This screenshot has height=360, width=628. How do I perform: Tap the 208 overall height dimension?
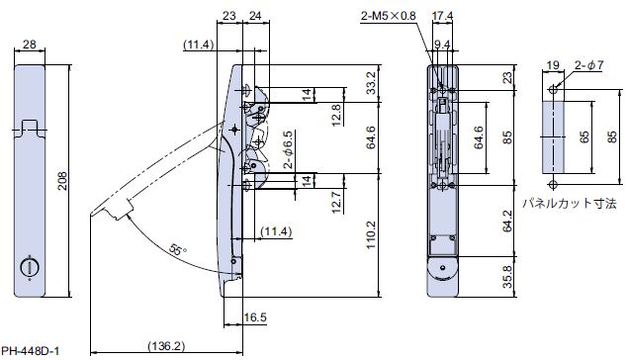(63, 181)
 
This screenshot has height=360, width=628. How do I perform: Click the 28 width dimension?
(30, 45)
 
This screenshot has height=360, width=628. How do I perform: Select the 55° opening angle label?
(178, 250)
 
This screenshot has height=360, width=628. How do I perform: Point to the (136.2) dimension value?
(166, 345)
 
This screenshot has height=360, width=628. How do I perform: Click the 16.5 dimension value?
(255, 317)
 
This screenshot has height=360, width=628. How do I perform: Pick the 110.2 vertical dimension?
(371, 234)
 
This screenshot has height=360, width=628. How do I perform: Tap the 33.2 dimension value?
(371, 83)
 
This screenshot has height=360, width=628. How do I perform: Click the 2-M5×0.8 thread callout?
(388, 16)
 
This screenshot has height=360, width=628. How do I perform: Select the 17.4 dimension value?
(442, 16)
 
